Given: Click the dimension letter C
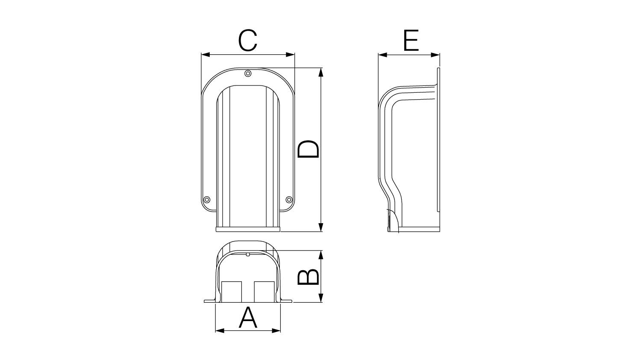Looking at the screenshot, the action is pyautogui.click(x=248, y=40).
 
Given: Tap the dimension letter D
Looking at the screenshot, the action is pyautogui.click(x=308, y=149).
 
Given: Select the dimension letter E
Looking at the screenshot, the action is pyautogui.click(x=411, y=40).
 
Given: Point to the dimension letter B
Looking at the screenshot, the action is pyautogui.click(x=308, y=277).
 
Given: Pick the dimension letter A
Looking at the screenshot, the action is pyautogui.click(x=248, y=317).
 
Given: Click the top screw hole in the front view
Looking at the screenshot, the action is pyautogui.click(x=248, y=74).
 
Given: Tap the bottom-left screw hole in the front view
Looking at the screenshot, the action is pyautogui.click(x=206, y=199).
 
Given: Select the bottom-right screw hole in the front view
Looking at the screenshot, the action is pyautogui.click(x=289, y=199).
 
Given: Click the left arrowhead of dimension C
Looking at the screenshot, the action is pyautogui.click(x=206, y=55).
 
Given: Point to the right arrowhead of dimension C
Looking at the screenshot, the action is pyautogui.click(x=290, y=55).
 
